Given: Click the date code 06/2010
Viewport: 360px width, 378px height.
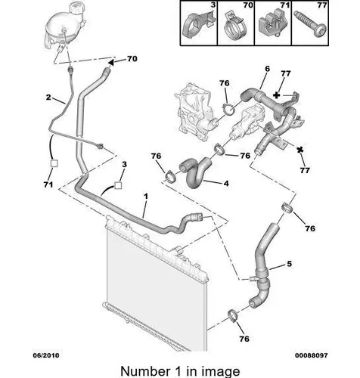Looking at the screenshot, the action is [x=46, y=355].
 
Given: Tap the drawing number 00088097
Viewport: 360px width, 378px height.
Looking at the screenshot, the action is [x=312, y=355].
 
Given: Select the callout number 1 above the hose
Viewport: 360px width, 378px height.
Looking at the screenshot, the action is [x=146, y=196].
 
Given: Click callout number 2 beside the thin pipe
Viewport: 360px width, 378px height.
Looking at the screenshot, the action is [x=48, y=97].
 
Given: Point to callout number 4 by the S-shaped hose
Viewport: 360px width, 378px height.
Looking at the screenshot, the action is [x=226, y=183].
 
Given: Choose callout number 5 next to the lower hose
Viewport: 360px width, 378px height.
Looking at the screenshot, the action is [x=289, y=264].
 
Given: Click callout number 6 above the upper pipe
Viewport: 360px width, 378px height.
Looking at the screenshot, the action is [x=267, y=69].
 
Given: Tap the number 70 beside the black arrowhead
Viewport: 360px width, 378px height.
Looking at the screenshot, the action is [x=132, y=59].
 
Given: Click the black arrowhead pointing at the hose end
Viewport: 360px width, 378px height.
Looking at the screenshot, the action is [x=111, y=62].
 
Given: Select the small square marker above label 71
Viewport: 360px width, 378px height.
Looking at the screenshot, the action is [x=54, y=163].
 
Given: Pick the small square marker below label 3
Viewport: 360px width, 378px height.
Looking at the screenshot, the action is [x=118, y=185].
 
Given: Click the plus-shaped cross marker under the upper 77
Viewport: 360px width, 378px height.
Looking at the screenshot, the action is [x=277, y=95].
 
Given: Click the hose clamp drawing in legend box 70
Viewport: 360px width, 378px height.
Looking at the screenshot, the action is [x=236, y=27].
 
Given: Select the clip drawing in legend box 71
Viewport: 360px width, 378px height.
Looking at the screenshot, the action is [x=272, y=24].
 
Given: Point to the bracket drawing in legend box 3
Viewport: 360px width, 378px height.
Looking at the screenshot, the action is [x=199, y=25].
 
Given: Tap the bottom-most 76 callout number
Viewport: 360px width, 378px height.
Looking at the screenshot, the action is [x=244, y=339].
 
